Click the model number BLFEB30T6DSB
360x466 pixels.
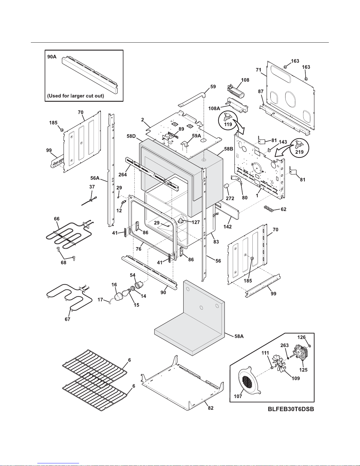[x=291, y=409]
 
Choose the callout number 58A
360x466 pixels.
[x=239, y=336]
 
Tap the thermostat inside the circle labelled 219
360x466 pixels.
[x=299, y=144]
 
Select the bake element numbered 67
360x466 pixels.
[x=68, y=297]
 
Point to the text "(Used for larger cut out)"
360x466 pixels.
[x=76, y=96]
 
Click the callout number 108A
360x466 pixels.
[x=214, y=108]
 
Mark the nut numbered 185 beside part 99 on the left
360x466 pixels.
[x=62, y=129]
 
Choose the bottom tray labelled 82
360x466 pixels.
[x=182, y=382]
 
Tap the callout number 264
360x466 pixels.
[x=123, y=175]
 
